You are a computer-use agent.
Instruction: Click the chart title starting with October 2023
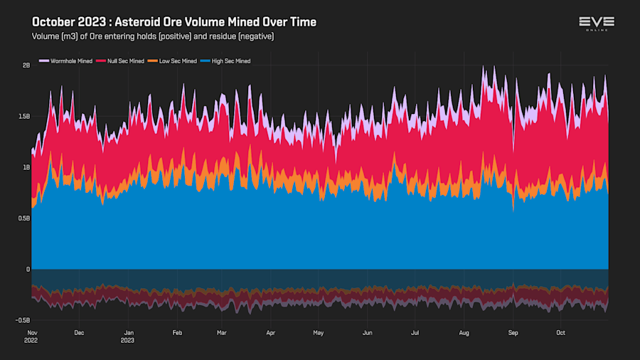pyautogui.click(x=174, y=22)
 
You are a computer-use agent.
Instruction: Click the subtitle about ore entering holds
pyautogui.click(x=153, y=36)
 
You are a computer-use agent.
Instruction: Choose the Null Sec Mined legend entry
pyautogui.click(x=122, y=61)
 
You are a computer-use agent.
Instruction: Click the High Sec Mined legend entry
pyautogui.click(x=228, y=61)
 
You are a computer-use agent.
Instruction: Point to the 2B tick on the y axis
pyautogui.click(x=26, y=65)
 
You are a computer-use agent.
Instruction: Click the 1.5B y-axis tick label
pyautogui.click(x=24, y=116)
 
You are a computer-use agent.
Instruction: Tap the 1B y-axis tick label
pyautogui.click(x=26, y=167)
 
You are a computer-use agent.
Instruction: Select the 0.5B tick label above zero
pyautogui.click(x=24, y=218)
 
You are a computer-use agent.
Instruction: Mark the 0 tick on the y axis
pyautogui.click(x=28, y=270)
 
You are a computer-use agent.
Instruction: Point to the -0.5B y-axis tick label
pyautogui.click(x=23, y=321)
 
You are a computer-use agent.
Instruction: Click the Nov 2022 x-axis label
pyautogui.click(x=32, y=336)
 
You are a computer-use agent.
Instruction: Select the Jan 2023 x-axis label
pyautogui.click(x=129, y=336)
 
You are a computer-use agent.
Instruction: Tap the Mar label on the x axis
pyautogui.click(x=222, y=332)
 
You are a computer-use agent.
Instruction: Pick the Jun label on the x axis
pyautogui.click(x=367, y=332)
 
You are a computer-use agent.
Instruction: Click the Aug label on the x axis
pyautogui.click(x=464, y=332)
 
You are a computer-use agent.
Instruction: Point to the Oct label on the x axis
pyautogui.click(x=560, y=332)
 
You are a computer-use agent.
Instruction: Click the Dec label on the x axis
pyautogui.click(x=79, y=332)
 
